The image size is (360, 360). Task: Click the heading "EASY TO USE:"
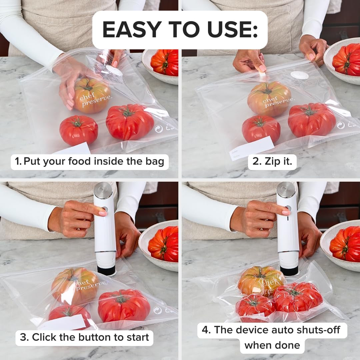[180, 30]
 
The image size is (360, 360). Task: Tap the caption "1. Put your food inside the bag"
[90, 162]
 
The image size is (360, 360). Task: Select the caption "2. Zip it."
[272, 162]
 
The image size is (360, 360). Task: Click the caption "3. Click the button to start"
[84, 337]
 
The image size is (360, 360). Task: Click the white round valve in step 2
[299, 75]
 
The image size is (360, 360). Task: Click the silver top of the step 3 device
[103, 190]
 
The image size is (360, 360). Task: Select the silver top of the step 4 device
[286, 190]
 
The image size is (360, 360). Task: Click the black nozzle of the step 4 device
[289, 270]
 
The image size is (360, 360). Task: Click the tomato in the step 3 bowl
[164, 244]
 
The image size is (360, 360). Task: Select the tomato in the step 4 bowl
[345, 244]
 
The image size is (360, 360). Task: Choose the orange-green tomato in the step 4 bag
[260, 280]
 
